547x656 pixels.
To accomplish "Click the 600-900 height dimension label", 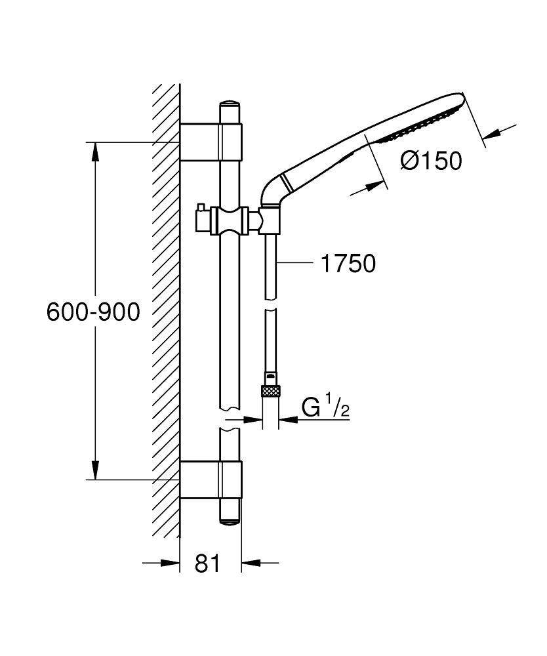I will click(93, 312).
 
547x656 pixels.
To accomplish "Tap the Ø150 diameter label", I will click(431, 160).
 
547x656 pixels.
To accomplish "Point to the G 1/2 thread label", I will click(325, 408).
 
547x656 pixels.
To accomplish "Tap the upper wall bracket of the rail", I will click(211, 142).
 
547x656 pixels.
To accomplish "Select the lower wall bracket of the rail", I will click(211, 480).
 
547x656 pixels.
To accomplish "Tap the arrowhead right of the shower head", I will click(489, 133).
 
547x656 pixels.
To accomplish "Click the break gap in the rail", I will click(230, 420).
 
